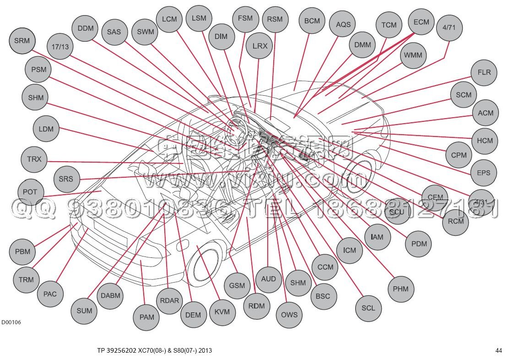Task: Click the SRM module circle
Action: tap(22, 41)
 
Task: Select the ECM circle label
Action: tap(421, 22)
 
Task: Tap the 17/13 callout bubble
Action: tap(60, 47)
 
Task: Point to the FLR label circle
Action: tap(484, 72)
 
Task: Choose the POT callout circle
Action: tap(30, 192)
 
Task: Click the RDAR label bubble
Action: tap(169, 301)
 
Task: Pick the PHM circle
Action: tap(401, 289)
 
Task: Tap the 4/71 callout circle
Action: tap(449, 27)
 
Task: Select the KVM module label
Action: tap(222, 312)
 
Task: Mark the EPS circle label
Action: tap(483, 173)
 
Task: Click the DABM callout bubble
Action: tap(110, 296)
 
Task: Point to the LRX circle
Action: tap(260, 46)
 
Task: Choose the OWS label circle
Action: tap(289, 315)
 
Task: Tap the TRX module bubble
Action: tap(34, 159)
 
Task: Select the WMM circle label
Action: tap(413, 56)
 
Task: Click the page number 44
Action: tap(498, 351)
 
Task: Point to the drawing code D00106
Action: tap(11, 322)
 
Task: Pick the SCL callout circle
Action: tap(368, 308)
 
